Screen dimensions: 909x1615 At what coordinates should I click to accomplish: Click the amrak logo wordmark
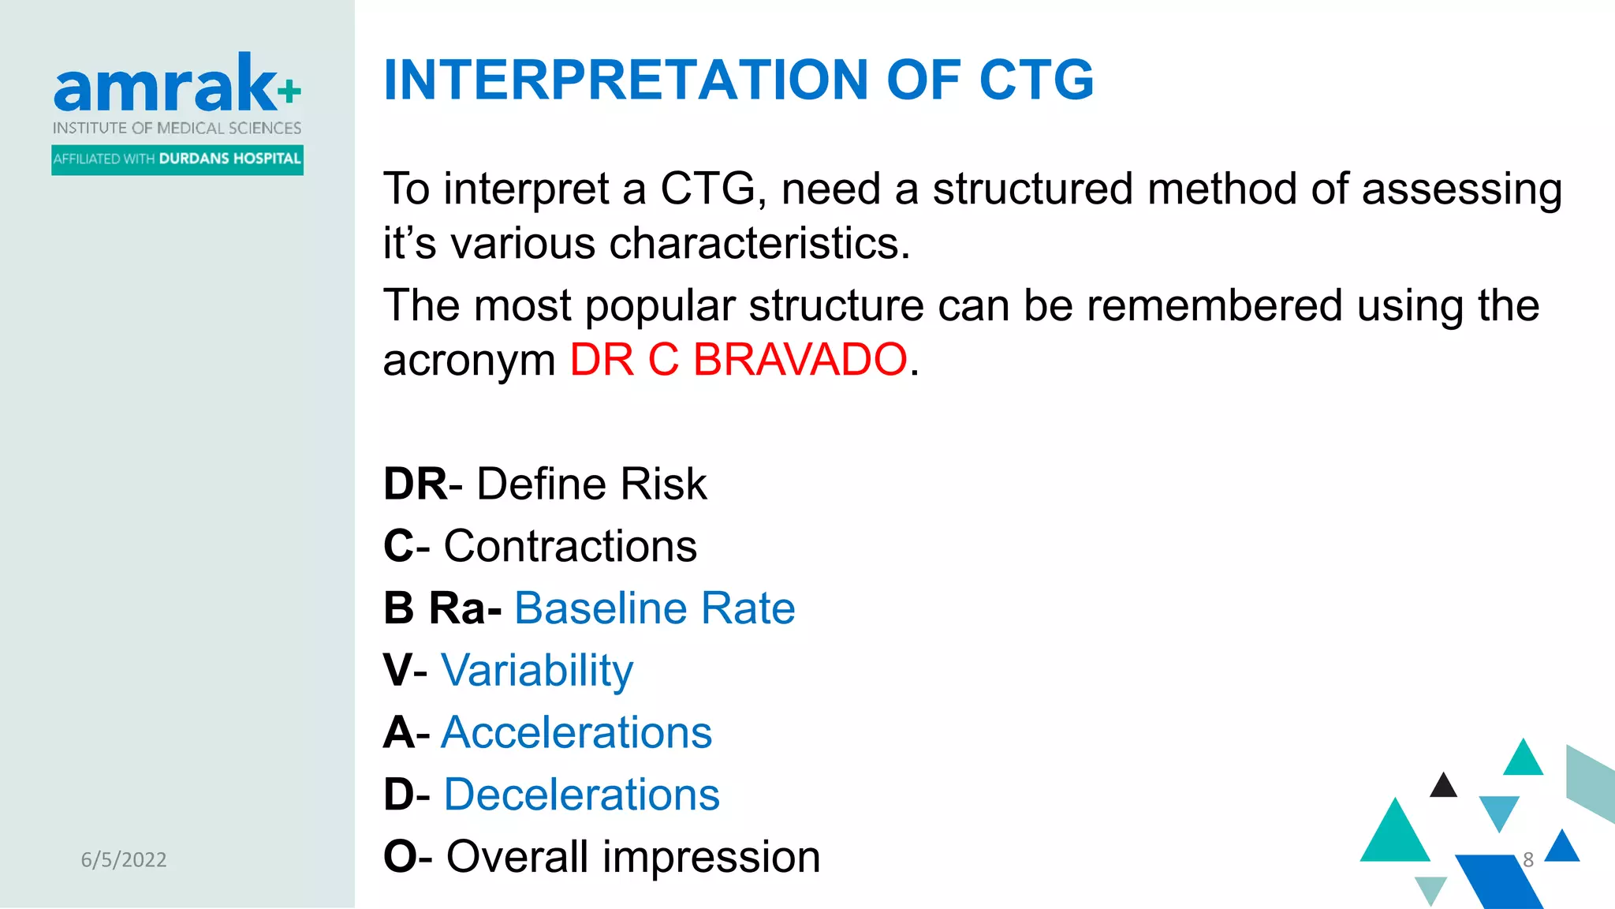[164, 85]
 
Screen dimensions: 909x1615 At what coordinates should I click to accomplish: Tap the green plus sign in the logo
[289, 92]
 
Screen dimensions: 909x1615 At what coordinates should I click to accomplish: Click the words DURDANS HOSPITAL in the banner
[229, 159]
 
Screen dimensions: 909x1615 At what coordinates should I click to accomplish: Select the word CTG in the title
[1035, 80]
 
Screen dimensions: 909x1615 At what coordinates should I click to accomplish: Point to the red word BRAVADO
[800, 360]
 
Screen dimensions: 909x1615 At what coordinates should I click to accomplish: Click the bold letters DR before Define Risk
[415, 484]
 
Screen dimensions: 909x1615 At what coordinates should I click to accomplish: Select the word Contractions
[570, 546]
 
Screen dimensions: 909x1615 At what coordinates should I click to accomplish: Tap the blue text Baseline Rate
[655, 608]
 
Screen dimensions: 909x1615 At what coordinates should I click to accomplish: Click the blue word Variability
[536, 671]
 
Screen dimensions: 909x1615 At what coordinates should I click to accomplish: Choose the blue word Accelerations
[576, 732]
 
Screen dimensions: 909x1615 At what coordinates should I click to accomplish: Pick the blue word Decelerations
[581, 795]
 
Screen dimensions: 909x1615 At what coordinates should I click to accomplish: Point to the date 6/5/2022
[124, 860]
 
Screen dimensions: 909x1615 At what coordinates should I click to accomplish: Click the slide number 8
[1527, 859]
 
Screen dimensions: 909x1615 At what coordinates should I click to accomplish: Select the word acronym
[469, 360]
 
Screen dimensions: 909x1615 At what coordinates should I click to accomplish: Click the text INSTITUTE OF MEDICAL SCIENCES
[177, 128]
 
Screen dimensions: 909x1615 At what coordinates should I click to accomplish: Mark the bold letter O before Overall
[399, 857]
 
